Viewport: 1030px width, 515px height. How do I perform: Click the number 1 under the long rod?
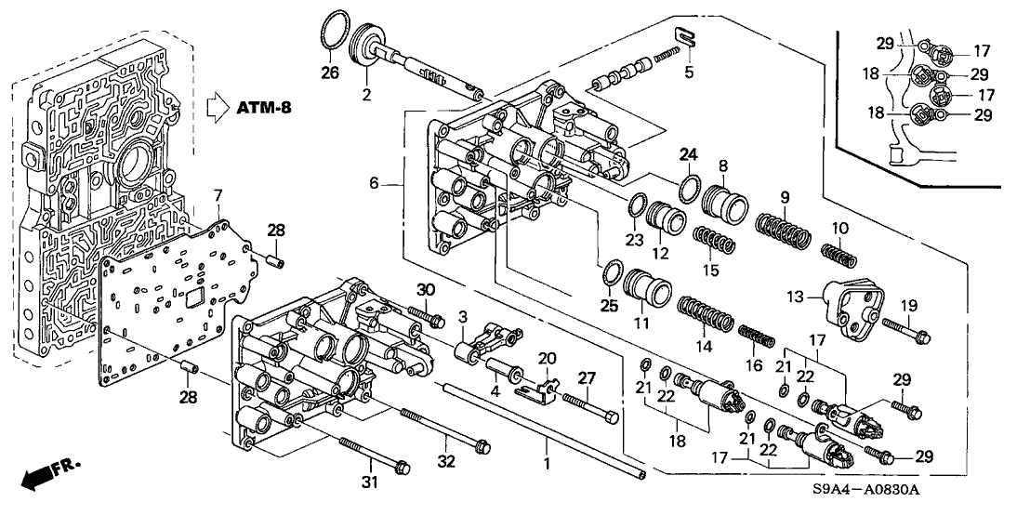tap(547, 461)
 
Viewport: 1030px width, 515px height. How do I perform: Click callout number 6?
tap(374, 184)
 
